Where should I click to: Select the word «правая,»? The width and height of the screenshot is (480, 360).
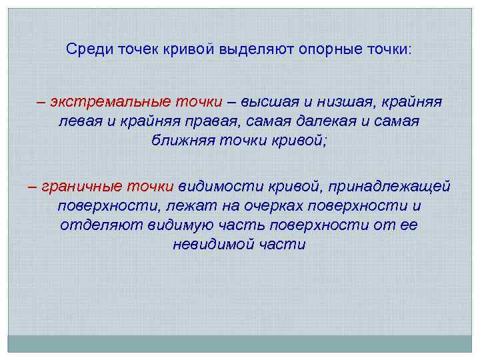click(213, 122)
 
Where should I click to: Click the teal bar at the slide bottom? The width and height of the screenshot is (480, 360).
click(239, 343)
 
